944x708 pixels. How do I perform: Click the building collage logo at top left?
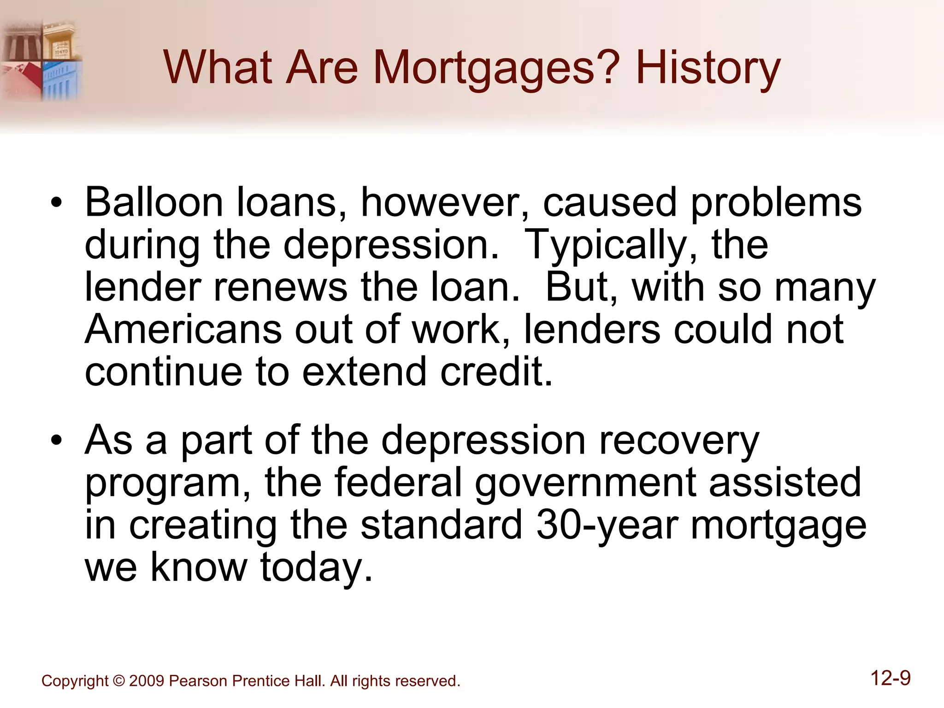tap(41, 60)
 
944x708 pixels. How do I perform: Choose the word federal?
tap(397, 483)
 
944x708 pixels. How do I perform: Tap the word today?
tap(316, 568)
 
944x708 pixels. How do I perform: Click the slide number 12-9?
tap(891, 678)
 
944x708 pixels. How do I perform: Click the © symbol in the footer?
tap(118, 681)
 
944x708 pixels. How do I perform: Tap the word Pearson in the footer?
tap(199, 681)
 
